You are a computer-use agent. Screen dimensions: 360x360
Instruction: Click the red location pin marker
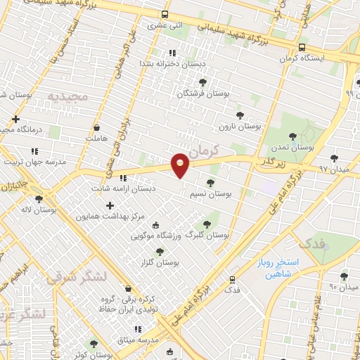tap(181, 165)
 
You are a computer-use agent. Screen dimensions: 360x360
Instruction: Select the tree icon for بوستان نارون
tap(240, 115)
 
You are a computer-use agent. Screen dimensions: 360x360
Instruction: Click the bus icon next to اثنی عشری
tap(165, 14)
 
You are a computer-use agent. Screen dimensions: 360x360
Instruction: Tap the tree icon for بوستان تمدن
tap(293, 136)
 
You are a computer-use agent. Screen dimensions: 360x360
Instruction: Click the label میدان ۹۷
tap(333, 169)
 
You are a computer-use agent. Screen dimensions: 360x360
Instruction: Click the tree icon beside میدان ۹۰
tap(344, 276)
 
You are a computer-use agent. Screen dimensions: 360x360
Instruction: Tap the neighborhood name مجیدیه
tap(68, 95)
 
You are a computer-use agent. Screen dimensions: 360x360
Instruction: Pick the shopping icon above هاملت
tap(96, 127)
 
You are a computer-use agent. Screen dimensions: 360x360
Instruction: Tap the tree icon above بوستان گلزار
tap(160, 251)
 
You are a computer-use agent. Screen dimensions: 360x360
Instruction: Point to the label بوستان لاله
tap(39, 210)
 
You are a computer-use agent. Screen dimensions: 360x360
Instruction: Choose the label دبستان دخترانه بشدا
tap(171, 63)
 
